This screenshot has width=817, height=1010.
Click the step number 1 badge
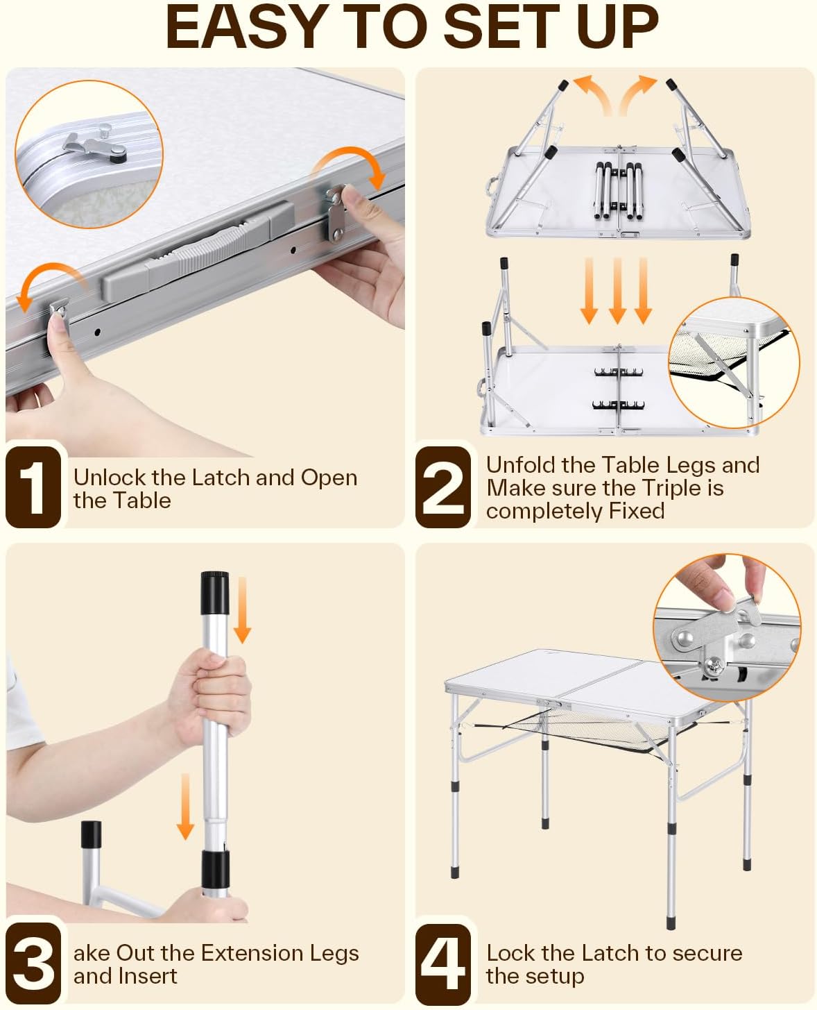click(33, 487)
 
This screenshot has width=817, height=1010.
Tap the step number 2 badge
click(443, 487)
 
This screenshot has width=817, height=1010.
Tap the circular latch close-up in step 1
click(89, 154)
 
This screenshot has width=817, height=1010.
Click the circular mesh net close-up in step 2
click(734, 363)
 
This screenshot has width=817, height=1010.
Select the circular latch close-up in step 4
click(727, 628)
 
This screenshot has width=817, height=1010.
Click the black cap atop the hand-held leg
click(215, 593)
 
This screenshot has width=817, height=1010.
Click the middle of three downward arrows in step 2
click(617, 291)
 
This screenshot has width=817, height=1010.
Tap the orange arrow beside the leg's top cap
click(243, 609)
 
